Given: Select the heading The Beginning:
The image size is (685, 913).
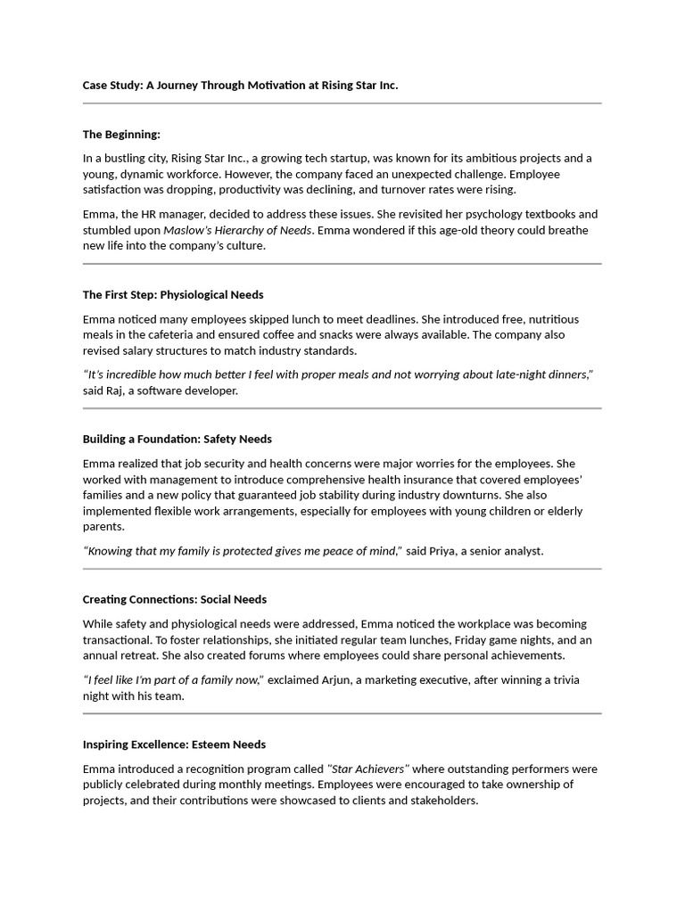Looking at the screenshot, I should pyautogui.click(x=121, y=135).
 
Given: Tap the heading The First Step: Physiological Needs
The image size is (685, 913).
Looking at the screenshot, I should pyautogui.click(x=173, y=294).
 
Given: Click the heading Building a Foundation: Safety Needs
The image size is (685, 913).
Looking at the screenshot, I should pyautogui.click(x=177, y=439).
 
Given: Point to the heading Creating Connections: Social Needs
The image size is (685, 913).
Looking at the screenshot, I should pyautogui.click(x=175, y=599).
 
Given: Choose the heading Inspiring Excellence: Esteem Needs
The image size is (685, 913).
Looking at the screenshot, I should pyautogui.click(x=174, y=744).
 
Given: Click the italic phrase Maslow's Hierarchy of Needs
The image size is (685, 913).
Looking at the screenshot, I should pyautogui.click(x=237, y=230).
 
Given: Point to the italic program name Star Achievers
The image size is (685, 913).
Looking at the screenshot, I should pyautogui.click(x=368, y=769).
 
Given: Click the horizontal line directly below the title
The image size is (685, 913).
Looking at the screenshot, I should pyautogui.click(x=342, y=103).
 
